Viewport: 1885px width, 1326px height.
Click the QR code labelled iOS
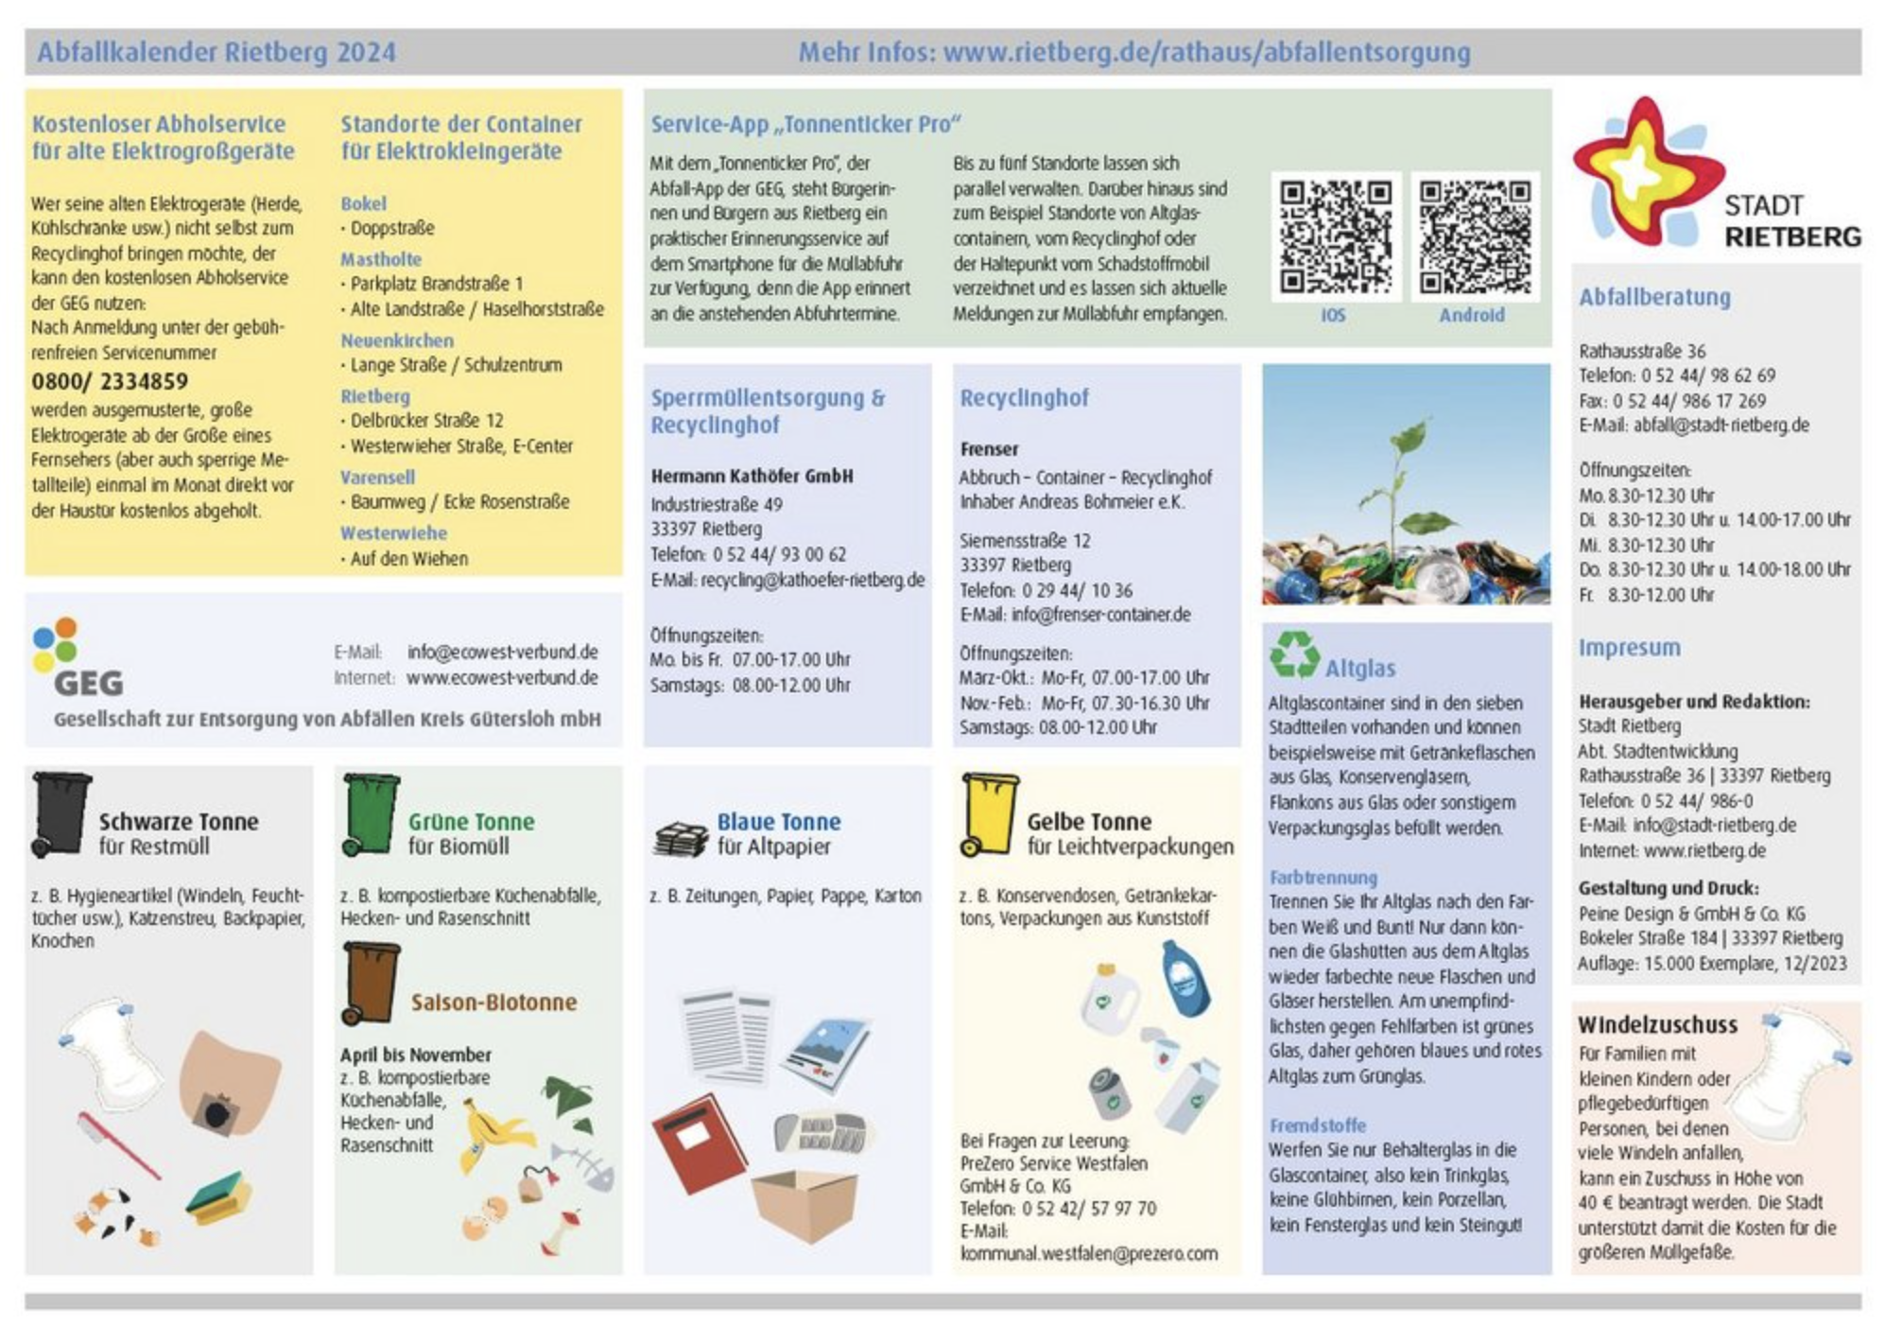1335,236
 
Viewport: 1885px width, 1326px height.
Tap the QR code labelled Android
1474,236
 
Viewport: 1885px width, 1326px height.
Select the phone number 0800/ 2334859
110,381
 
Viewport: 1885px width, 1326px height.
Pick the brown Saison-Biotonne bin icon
371,984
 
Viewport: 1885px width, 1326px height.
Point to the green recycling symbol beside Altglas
1293,654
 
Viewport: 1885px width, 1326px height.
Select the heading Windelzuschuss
1656,1024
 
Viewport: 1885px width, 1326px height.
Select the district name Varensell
377,477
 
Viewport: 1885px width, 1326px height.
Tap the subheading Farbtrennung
1323,877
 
